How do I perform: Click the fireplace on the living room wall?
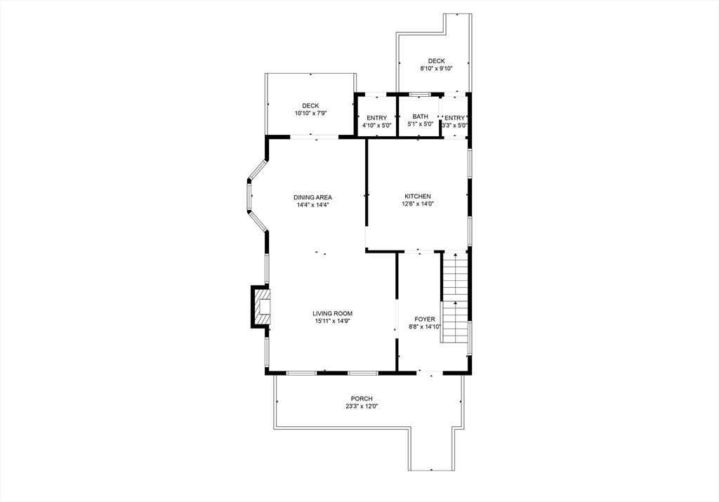[260, 307]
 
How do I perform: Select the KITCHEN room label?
[417, 197]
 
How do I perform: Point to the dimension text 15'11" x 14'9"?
[332, 321]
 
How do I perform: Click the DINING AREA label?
[312, 197]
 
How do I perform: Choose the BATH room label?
[420, 117]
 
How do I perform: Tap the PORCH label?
[362, 399]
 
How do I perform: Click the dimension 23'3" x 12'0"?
[362, 407]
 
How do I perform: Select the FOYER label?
[424, 319]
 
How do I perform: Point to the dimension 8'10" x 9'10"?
[436, 69]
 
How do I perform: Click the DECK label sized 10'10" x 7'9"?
[310, 106]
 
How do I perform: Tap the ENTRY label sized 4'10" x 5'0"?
[376, 118]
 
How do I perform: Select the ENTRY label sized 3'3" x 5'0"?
[454, 118]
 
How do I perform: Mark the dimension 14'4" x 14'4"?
[312, 205]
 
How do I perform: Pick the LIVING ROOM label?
[332, 313]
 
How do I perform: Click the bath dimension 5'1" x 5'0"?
[420, 125]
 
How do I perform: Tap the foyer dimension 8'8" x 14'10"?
[424, 326]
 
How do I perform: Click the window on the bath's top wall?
[420, 93]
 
